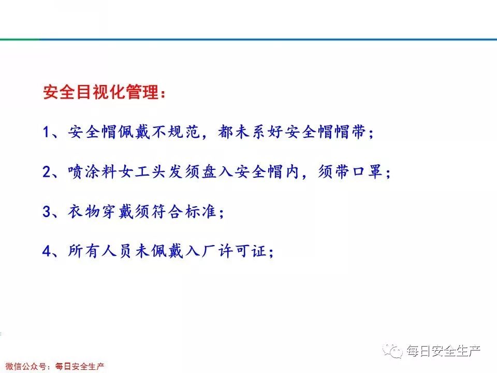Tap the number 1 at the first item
click(x=47, y=132)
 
